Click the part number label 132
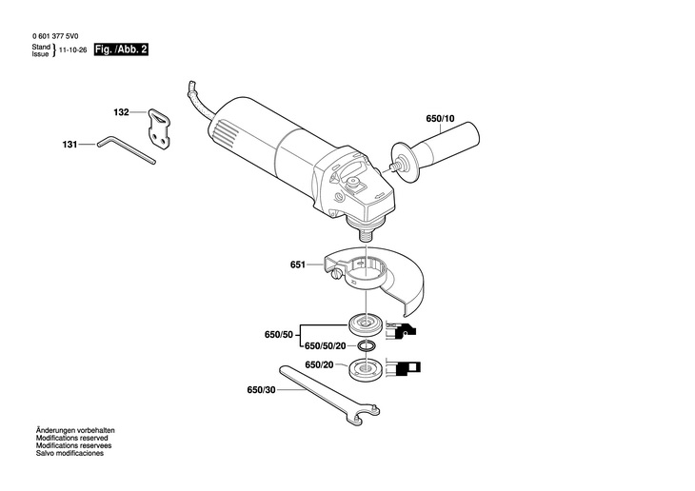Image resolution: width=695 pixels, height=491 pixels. tap(121, 112)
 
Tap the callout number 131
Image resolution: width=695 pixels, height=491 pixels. tap(69, 145)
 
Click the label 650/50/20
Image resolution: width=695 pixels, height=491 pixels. tap(324, 346)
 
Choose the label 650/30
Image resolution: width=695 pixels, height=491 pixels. tap(261, 390)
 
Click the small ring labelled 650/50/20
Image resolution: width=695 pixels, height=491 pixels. tap(365, 345)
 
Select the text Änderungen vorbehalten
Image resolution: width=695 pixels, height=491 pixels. tap(74, 430)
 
